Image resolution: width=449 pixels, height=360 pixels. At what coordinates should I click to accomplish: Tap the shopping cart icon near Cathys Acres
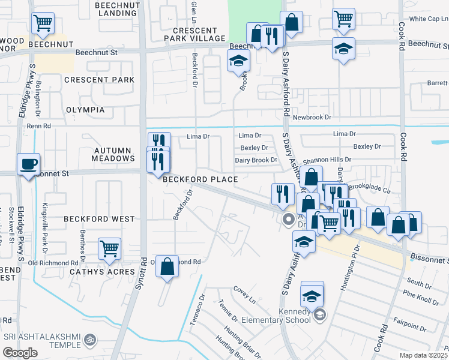(x=109, y=248)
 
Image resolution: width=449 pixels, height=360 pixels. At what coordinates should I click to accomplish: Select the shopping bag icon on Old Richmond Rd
(x=167, y=266)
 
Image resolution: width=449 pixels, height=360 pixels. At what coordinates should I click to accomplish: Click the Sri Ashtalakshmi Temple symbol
(x=90, y=340)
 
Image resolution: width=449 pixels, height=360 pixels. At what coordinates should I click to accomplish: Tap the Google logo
(x=20, y=352)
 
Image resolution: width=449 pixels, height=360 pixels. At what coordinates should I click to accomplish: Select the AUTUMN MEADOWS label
(x=113, y=154)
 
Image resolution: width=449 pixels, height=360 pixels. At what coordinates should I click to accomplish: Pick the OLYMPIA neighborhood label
(x=85, y=110)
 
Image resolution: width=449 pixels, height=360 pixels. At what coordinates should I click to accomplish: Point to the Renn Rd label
(x=38, y=126)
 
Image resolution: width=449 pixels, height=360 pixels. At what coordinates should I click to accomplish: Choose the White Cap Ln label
(x=429, y=19)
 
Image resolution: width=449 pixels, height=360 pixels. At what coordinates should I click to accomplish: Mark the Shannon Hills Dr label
(x=327, y=160)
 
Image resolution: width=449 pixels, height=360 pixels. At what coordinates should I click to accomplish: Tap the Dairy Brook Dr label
(x=256, y=160)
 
